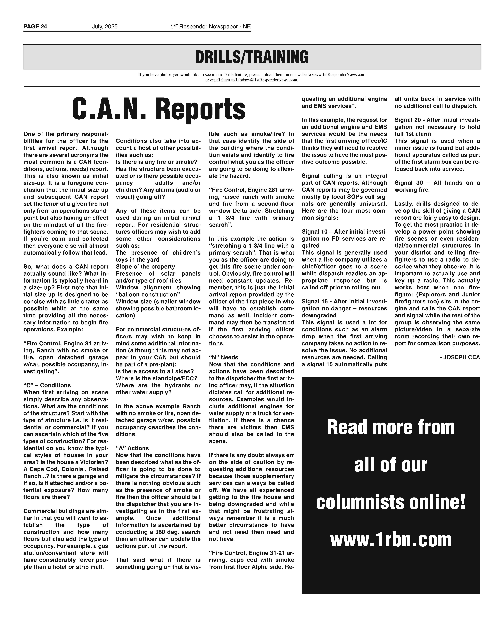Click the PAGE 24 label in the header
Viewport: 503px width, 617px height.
35,27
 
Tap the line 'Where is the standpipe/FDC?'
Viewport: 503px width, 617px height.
156,378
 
